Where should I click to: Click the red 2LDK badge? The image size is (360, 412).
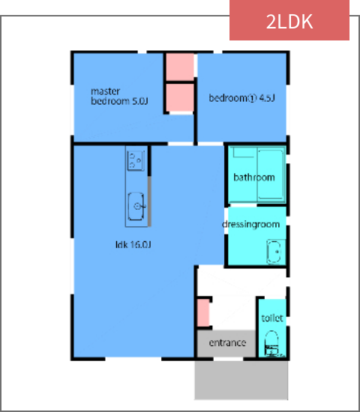(x=289, y=21)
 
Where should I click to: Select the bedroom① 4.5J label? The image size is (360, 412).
(x=242, y=97)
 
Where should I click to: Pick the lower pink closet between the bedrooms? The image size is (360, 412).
(x=179, y=98)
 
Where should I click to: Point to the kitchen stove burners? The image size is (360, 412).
(x=136, y=160)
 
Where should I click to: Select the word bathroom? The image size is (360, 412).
(x=253, y=178)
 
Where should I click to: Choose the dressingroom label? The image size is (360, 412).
(x=250, y=225)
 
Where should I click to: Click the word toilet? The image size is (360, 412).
(x=272, y=318)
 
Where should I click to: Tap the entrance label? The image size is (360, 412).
(x=227, y=343)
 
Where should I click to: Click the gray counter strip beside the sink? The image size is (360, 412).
(x=148, y=202)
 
